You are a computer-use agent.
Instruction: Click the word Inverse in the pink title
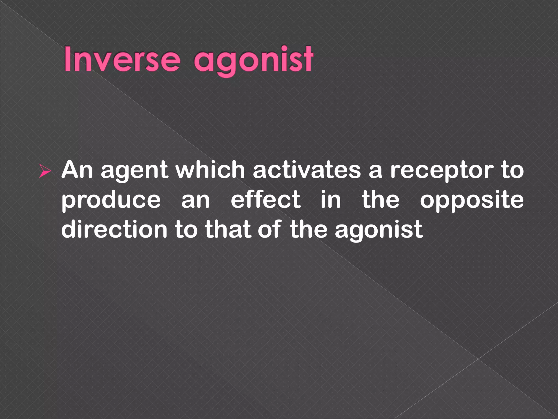click(122, 59)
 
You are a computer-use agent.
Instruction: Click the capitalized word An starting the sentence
click(77, 170)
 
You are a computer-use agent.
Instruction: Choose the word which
click(210, 170)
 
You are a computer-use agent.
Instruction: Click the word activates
click(307, 170)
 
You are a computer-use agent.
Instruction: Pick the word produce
click(111, 201)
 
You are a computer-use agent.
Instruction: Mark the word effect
click(266, 200)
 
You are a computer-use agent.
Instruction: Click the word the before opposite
click(380, 200)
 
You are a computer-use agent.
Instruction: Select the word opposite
click(472, 201)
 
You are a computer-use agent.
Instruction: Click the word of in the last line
click(269, 230)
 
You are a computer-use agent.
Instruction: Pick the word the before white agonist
click(308, 230)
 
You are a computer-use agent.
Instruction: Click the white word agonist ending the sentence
click(379, 231)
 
